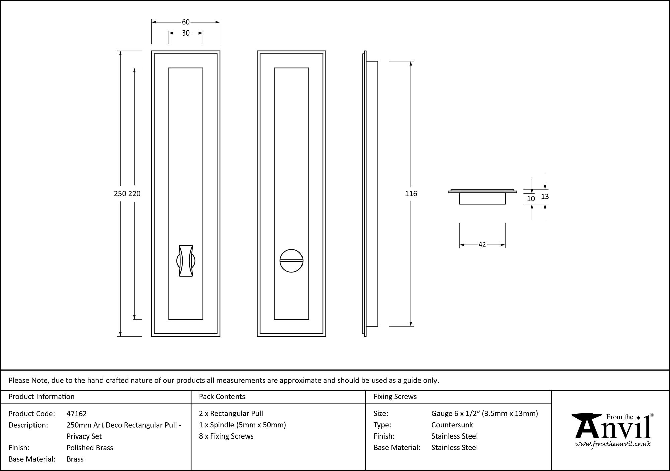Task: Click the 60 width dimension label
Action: coord(186,22)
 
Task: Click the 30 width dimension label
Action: coord(186,33)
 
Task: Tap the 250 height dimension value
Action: coord(120,194)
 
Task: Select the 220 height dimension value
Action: coord(134,194)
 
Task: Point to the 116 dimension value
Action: coord(411,194)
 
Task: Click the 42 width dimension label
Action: coord(482,245)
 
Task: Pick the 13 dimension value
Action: coord(545,197)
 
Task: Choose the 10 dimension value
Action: coord(531,199)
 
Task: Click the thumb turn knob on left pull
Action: coord(186,261)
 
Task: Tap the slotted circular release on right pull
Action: coord(291,261)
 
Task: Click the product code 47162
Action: coord(77,414)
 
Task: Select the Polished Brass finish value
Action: coord(90,448)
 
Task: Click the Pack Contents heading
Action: coord(222,397)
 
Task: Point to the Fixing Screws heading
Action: coord(395,397)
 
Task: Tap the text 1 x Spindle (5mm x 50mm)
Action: coord(243,425)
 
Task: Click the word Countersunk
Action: coord(452,425)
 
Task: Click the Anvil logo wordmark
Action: coord(613,429)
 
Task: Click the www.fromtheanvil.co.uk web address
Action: coord(613,444)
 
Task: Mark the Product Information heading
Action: coord(42,397)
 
